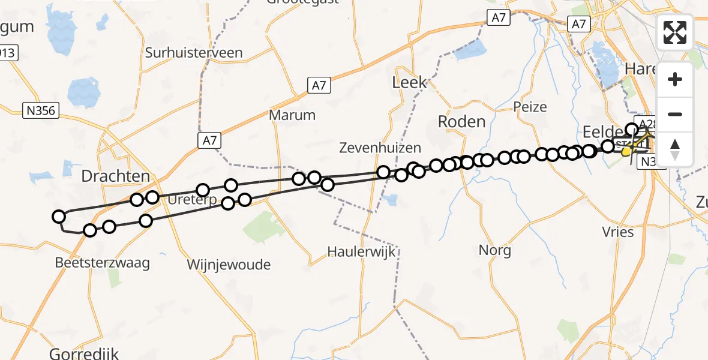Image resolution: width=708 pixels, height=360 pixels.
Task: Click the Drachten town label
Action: coord(115,176)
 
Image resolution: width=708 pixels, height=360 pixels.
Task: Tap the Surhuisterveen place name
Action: coord(194,53)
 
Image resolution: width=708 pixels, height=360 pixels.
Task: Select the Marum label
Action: coord(292,115)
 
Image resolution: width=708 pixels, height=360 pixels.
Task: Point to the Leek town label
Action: coord(409,82)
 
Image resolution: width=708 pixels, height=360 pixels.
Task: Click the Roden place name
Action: coord(461,122)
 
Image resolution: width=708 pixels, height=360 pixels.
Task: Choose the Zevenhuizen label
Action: coord(380,148)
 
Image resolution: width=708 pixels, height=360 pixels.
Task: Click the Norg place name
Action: coord(495,250)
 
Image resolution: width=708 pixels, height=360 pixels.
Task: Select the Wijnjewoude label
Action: coord(229,265)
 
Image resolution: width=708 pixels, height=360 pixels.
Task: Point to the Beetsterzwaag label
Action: coord(102,263)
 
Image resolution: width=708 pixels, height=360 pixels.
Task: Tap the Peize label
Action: coord(530,107)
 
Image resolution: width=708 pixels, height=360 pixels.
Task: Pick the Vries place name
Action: coord(617,232)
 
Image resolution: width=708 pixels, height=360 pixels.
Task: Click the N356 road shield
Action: coord(40,110)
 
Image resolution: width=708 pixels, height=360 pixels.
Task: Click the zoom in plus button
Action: coord(675,79)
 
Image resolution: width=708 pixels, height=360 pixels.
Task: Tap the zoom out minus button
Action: coord(675,114)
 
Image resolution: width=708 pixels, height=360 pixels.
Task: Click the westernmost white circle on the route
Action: coord(59,217)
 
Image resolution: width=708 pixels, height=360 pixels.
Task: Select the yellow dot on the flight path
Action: coord(626,152)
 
